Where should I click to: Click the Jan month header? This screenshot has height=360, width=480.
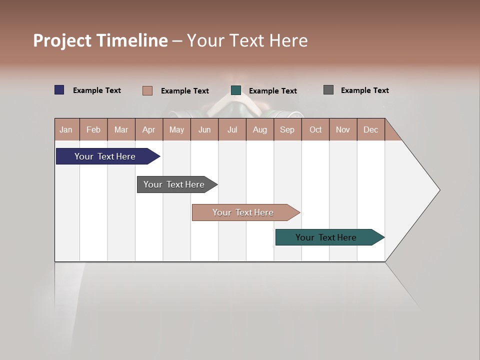pos(66,129)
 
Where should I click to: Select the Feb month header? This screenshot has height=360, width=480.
pos(93,129)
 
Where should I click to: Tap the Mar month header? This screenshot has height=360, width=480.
pos(121,129)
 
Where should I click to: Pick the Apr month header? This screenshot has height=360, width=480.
pos(149,129)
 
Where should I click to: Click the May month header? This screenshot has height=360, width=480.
pos(176,129)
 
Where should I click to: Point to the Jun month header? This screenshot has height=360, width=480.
pos(204,129)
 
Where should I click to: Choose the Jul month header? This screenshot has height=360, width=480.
pos(232,129)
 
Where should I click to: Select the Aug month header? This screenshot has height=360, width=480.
pos(260,129)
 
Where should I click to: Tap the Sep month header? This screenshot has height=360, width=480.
pos(287,129)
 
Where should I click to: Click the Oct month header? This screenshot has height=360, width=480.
pos(315,129)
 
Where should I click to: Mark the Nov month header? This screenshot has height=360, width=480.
pos(343,129)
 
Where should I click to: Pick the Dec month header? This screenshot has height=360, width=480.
pos(371,129)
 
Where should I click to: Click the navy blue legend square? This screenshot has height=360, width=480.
pos(59,90)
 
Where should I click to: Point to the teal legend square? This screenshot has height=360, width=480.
pos(236,90)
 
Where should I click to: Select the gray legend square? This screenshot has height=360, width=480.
pos(328,90)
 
